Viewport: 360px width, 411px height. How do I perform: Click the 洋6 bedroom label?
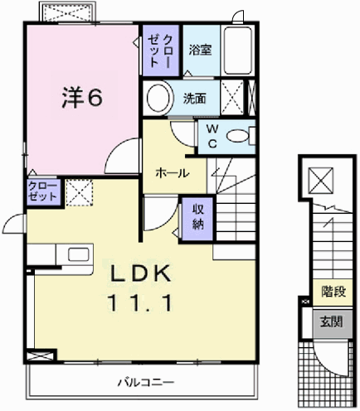tap(80, 97)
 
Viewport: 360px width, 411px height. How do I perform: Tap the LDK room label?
tap(137, 273)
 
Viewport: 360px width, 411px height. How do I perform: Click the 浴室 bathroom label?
tap(200, 49)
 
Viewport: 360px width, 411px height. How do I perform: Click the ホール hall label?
tap(169, 172)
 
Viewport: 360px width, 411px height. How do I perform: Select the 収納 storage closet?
tap(198, 215)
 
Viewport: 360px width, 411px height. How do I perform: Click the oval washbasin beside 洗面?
tap(158, 98)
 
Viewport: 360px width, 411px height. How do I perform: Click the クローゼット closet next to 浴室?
tap(158, 51)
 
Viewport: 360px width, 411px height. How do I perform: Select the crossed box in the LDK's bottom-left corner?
tap(37, 357)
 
